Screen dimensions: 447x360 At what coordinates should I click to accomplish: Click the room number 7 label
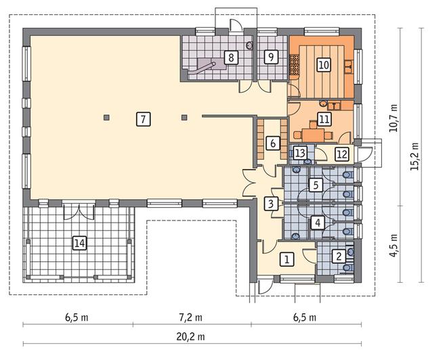[x=143, y=119]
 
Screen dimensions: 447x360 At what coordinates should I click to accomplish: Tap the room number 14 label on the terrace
[x=79, y=243]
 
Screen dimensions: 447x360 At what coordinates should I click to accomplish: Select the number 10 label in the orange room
[x=324, y=65]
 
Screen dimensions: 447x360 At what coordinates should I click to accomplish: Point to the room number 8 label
[x=231, y=58]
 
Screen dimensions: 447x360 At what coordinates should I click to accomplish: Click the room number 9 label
[x=271, y=57]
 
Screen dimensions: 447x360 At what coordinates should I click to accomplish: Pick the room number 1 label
[x=287, y=259]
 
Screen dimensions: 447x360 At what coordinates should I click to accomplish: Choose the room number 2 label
[x=339, y=256]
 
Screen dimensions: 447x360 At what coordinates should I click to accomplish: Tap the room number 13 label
[x=300, y=153]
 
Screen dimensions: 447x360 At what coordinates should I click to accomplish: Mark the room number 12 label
[x=342, y=154]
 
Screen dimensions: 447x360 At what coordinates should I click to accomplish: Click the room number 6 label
[x=273, y=143]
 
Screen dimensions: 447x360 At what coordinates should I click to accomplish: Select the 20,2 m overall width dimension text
[x=191, y=337]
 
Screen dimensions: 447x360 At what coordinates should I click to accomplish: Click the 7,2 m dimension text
[x=191, y=317]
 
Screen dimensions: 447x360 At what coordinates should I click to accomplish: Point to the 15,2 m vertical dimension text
[x=415, y=156]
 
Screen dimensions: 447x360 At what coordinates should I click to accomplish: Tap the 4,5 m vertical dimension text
[x=394, y=246]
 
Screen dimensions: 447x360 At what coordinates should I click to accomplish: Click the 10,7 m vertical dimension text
[x=394, y=117]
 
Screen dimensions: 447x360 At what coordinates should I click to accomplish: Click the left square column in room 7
[x=106, y=117]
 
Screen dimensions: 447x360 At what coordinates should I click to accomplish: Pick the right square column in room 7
[x=184, y=117]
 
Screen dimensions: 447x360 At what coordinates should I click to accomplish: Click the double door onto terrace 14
[x=79, y=211]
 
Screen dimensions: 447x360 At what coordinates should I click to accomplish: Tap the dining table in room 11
[x=314, y=135]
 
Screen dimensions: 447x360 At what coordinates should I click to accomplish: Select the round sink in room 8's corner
[x=250, y=45]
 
